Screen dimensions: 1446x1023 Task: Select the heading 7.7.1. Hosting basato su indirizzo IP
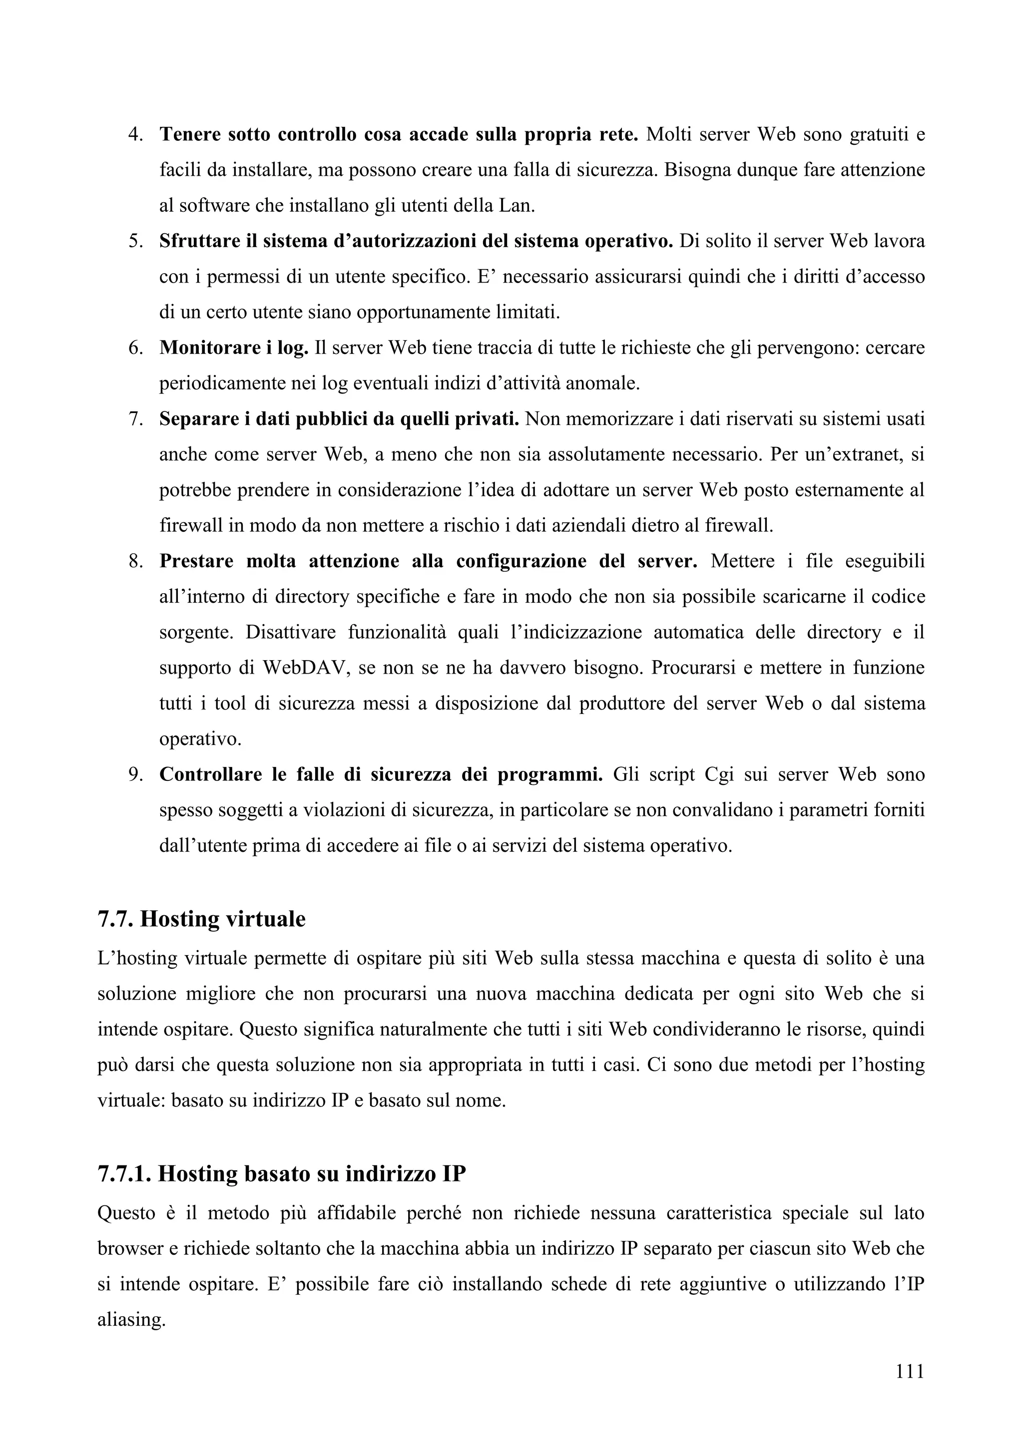click(x=282, y=1173)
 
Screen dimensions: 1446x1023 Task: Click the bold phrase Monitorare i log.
click(x=234, y=348)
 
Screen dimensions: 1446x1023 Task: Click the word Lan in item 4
click(x=516, y=205)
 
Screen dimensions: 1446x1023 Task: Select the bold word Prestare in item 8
click(x=196, y=561)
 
